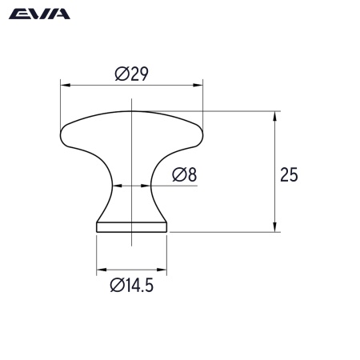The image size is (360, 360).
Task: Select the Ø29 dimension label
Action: coord(132,74)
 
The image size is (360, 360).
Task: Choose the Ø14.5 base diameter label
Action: coord(131,284)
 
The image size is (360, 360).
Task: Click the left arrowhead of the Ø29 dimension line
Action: coord(65,84)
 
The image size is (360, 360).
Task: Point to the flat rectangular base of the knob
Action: coord(131,227)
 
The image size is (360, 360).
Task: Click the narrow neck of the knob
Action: coord(131,186)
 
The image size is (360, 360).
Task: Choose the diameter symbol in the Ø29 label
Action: coord(120,74)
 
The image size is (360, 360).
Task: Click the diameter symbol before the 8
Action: coord(178,174)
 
